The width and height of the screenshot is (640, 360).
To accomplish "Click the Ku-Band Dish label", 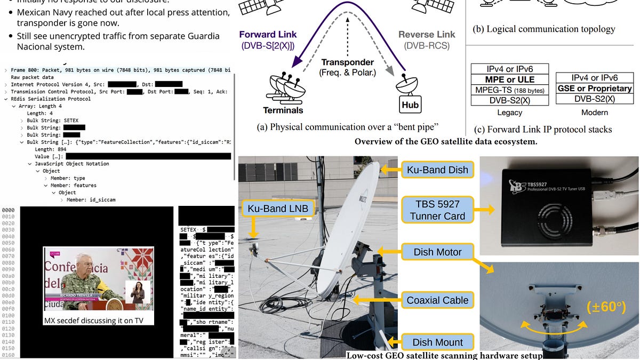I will click(x=437, y=170).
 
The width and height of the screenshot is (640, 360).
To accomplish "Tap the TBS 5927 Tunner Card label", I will click(x=437, y=209).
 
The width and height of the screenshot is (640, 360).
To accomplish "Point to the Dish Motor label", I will click(x=437, y=252).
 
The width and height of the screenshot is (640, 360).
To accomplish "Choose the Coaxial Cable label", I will click(x=437, y=300).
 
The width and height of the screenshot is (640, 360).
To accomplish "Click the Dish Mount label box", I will click(x=437, y=342).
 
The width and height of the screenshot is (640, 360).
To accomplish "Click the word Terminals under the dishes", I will click(x=283, y=110).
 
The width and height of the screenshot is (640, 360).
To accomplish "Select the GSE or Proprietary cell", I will click(x=595, y=89).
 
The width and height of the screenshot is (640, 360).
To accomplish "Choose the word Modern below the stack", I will click(x=595, y=113).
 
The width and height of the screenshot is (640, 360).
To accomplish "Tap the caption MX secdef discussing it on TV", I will click(x=99, y=321).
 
